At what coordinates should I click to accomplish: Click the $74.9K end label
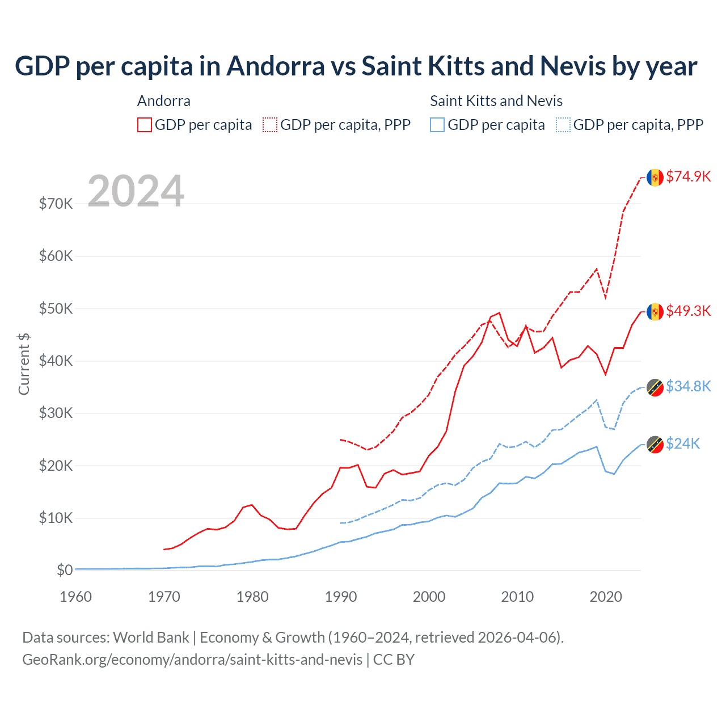(x=688, y=176)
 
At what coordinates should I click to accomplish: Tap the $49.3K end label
(x=688, y=311)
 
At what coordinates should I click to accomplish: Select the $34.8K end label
(x=688, y=386)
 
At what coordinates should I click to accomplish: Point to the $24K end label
(x=683, y=444)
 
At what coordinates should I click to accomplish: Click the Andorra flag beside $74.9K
(x=655, y=177)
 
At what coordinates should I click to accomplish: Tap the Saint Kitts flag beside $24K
(x=655, y=444)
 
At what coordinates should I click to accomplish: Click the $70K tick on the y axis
(x=56, y=204)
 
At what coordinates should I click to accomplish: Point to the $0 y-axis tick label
(x=65, y=570)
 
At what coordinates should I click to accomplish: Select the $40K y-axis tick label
(x=56, y=361)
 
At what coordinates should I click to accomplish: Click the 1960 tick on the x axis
(x=75, y=597)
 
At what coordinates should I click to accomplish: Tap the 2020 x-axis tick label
(x=606, y=597)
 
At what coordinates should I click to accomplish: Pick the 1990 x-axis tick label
(x=341, y=597)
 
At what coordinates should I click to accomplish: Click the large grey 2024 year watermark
(x=136, y=191)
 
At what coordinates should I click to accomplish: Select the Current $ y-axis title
(x=24, y=364)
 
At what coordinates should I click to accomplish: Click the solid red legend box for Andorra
(x=145, y=125)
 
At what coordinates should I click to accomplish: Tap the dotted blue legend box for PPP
(x=563, y=125)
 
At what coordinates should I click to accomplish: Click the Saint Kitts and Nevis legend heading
(x=496, y=101)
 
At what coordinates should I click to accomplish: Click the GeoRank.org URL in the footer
(x=192, y=660)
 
